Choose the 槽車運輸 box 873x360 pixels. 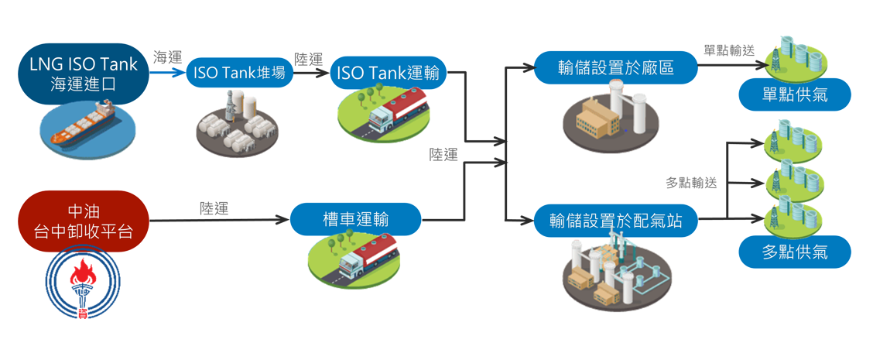(x=356, y=219)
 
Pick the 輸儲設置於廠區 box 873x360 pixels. (x=615, y=68)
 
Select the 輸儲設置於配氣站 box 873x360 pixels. (x=615, y=221)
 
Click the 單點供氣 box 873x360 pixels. (x=794, y=95)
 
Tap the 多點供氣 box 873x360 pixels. (x=794, y=252)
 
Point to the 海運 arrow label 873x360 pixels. (x=167, y=57)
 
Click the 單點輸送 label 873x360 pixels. (x=729, y=50)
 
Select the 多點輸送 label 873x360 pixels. (x=691, y=183)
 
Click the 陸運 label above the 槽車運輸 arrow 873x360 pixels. (x=214, y=207)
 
